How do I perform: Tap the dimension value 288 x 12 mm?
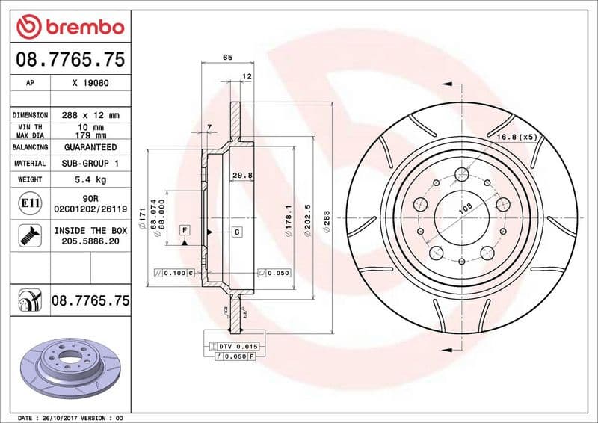coord(90,116)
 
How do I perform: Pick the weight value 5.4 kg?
coord(90,179)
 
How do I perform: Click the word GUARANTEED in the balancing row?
coord(90,148)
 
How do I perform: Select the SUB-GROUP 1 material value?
coord(90,163)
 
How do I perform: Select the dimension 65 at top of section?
coord(226,57)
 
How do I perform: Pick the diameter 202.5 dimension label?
coord(307,222)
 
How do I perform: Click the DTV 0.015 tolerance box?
coord(237,347)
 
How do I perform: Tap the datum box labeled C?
coord(236,232)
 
